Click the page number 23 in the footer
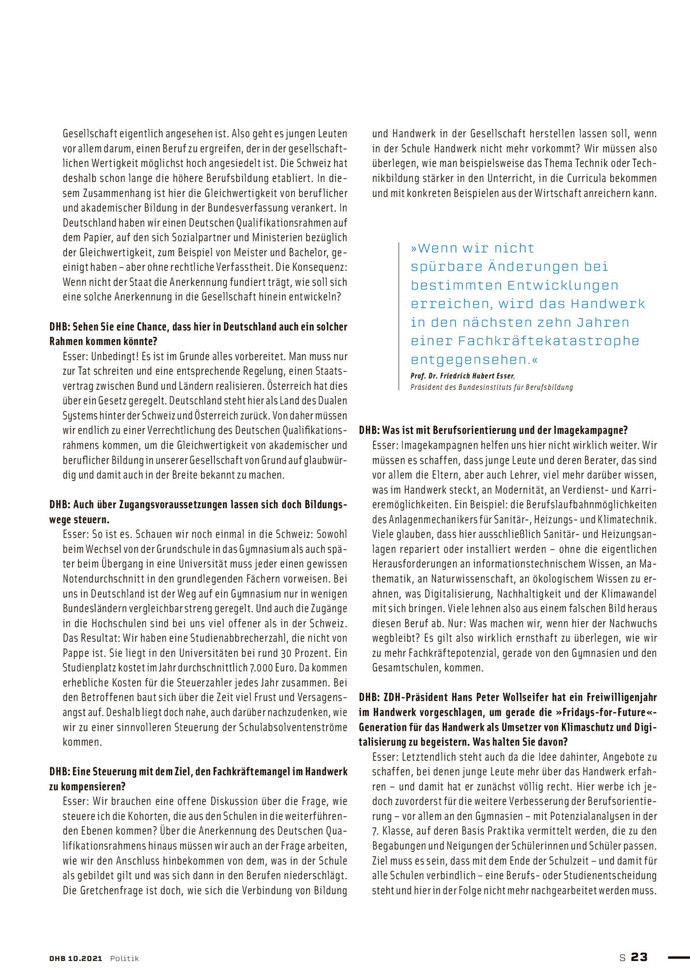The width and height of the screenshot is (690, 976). pyautogui.click(x=640, y=957)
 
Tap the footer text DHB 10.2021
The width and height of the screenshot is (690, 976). pyautogui.click(x=76, y=958)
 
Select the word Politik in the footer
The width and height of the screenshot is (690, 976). pyautogui.click(x=124, y=958)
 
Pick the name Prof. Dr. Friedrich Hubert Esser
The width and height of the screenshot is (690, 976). pyautogui.click(x=463, y=376)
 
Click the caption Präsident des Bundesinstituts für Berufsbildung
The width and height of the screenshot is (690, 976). pyautogui.click(x=491, y=387)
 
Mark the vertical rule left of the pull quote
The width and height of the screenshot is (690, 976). pyautogui.click(x=399, y=315)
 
